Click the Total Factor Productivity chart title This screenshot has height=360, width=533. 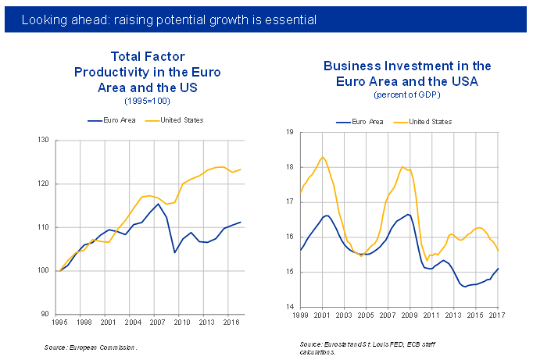(147, 72)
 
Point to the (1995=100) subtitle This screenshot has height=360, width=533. (147, 101)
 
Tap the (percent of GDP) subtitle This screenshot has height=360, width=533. (407, 95)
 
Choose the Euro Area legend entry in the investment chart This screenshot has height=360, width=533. (359, 122)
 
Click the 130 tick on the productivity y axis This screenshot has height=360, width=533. (42, 141)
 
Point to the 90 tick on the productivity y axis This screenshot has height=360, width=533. (45, 314)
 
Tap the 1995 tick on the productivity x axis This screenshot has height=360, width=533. (59, 322)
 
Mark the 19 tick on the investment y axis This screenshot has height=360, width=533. (288, 132)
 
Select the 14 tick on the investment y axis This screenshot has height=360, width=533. (288, 307)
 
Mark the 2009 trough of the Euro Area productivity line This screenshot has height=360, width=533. (174, 252)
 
